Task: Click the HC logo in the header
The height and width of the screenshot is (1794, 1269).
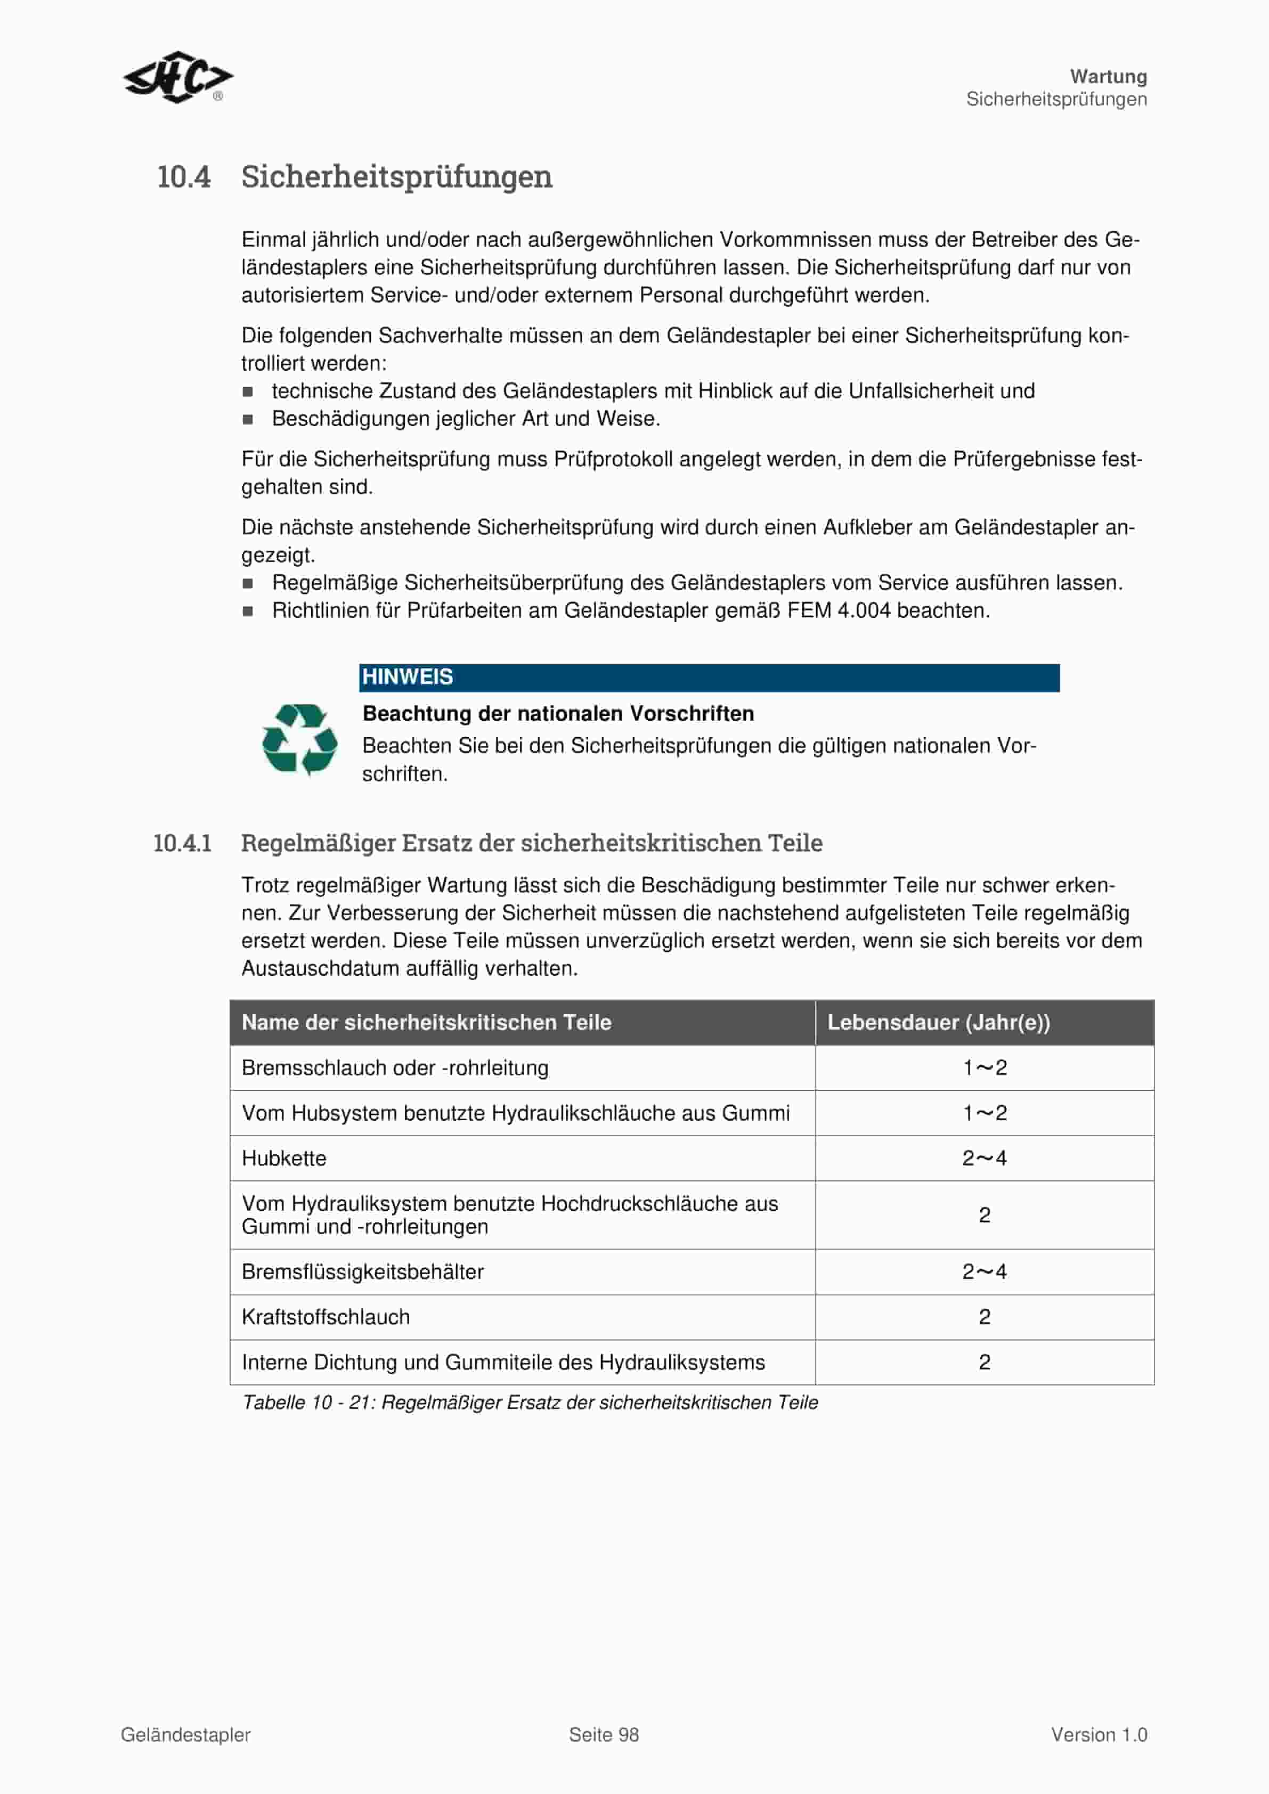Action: click(x=177, y=77)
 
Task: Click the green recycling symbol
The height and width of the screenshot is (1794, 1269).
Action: click(x=300, y=739)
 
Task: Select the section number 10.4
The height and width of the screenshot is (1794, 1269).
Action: click(x=184, y=177)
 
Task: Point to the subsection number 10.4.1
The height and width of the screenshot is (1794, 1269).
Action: click(x=182, y=843)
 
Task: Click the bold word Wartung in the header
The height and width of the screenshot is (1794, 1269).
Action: click(x=1108, y=77)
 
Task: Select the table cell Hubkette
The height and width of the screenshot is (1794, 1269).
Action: click(x=283, y=1158)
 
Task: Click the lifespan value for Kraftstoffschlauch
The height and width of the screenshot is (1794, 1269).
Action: click(x=985, y=1317)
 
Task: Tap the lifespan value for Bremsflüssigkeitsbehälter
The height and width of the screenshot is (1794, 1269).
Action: click(x=985, y=1271)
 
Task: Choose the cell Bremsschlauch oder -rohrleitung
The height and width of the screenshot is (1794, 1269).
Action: click(x=395, y=1067)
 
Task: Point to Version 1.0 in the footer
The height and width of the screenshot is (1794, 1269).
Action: click(x=1099, y=1735)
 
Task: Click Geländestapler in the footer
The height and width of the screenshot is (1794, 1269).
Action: click(x=186, y=1735)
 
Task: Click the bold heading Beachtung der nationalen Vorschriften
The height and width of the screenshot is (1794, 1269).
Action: click(x=558, y=713)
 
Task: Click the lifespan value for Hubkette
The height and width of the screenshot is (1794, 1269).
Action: click(x=985, y=1158)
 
